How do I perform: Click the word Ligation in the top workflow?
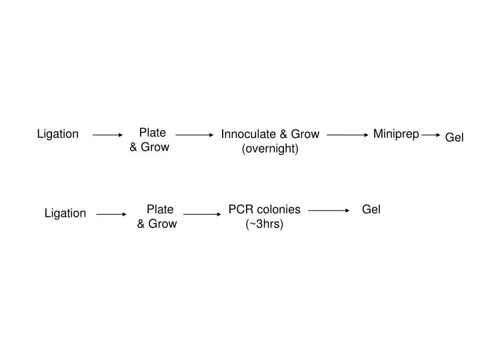[57, 135]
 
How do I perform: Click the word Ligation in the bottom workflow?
[65, 213]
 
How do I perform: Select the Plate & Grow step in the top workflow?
[150, 140]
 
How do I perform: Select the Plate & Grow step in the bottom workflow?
[157, 217]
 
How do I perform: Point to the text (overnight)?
[270, 149]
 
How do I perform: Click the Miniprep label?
[396, 135]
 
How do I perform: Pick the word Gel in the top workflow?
[455, 137]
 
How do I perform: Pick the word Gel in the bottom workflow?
[371, 210]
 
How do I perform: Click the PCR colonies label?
[265, 210]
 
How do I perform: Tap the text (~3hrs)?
[265, 224]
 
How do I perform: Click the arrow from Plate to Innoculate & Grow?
[194, 135]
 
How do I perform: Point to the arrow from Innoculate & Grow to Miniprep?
[348, 135]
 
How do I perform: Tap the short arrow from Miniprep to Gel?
[431, 135]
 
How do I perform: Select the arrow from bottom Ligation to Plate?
[112, 215]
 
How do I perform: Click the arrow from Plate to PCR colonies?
[202, 215]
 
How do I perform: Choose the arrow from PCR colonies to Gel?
[329, 211]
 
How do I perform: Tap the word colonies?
[277, 210]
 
